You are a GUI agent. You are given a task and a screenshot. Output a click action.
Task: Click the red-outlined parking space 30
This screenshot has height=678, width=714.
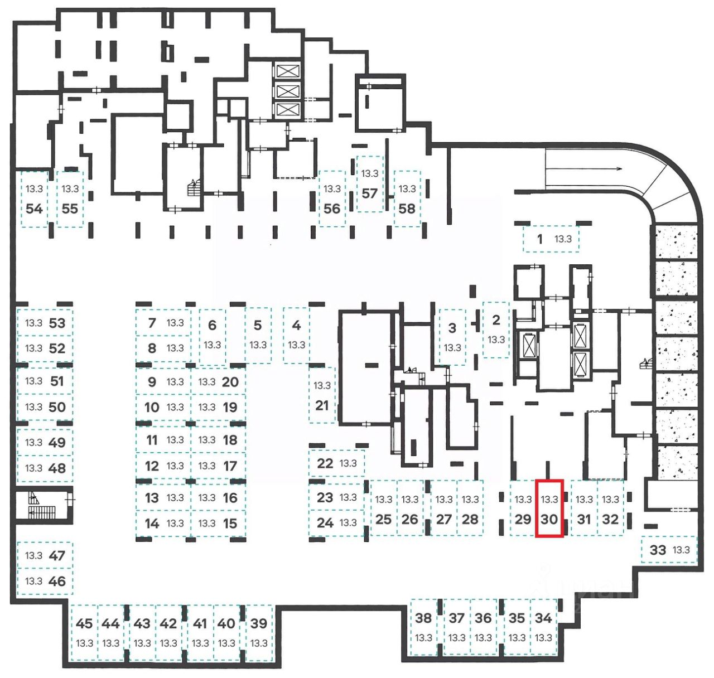pyautogui.click(x=549, y=508)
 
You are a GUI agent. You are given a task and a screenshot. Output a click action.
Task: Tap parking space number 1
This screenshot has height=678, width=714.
pyautogui.click(x=551, y=239)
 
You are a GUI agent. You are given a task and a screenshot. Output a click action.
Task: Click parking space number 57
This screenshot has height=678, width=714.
pyautogui.click(x=370, y=184)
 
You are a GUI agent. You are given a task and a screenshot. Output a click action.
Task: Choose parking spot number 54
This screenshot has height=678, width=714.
pyautogui.click(x=35, y=199)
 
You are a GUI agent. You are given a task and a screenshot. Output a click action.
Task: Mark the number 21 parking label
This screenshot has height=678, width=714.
pyautogui.click(x=322, y=405)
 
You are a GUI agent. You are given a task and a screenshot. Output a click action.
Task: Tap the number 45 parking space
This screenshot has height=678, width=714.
pyautogui.click(x=84, y=633)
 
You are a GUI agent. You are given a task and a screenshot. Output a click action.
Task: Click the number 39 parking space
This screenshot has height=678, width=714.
pyautogui.click(x=259, y=633)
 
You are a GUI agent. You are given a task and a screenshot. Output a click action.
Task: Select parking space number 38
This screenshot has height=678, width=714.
pyautogui.click(x=423, y=627)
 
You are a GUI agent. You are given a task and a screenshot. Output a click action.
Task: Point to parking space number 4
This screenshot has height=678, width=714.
pyautogui.click(x=296, y=335)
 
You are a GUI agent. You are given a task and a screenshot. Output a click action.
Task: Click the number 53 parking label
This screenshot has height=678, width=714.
pyautogui.click(x=57, y=323)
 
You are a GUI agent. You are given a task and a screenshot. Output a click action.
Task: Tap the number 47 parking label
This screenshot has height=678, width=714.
pyautogui.click(x=57, y=555)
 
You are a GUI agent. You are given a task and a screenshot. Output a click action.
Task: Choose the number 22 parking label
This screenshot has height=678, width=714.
pyautogui.click(x=325, y=463)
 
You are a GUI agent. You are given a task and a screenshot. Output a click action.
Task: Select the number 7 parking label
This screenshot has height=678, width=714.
pyautogui.click(x=152, y=322)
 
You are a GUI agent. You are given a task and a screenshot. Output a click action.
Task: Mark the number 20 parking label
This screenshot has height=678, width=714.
pyautogui.click(x=230, y=382)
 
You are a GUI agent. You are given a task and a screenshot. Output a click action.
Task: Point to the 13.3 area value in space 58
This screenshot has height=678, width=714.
pyautogui.click(x=407, y=189)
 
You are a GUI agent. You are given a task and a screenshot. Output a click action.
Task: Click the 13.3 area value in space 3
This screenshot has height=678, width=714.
pyautogui.click(x=452, y=347)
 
